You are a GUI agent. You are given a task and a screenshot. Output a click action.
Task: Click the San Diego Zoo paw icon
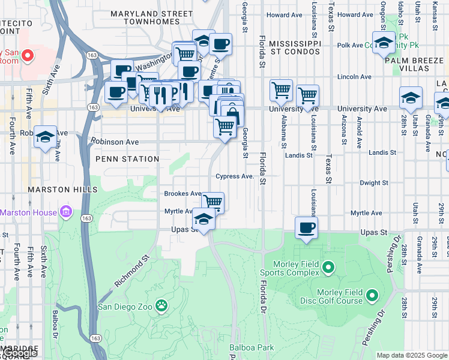(161, 307)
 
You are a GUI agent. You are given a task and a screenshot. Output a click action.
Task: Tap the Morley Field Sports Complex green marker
(328, 266)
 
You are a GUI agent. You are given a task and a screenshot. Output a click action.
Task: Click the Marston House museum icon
(66, 212)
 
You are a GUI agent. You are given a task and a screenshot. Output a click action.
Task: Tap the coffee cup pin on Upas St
(306, 229)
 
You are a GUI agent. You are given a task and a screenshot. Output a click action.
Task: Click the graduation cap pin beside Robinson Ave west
(45, 137)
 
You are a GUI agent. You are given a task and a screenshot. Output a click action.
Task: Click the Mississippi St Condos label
(295, 49)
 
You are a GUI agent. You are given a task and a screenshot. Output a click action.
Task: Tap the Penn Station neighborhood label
(127, 159)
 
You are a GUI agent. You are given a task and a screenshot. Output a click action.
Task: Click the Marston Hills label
(62, 190)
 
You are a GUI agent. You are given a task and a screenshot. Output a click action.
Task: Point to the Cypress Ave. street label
(235, 176)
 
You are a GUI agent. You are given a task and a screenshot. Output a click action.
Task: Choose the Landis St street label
(299, 155)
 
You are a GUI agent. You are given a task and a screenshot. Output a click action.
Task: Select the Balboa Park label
(252, 347)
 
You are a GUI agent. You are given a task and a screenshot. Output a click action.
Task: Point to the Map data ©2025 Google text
(412, 355)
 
